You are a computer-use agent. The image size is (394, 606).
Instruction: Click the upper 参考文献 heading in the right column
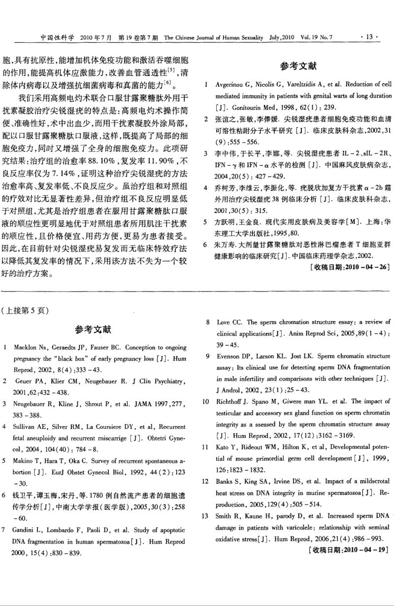coord(298,66)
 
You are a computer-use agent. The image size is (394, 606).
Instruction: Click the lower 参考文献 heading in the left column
coord(93,329)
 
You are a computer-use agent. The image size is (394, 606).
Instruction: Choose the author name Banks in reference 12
coord(225,480)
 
